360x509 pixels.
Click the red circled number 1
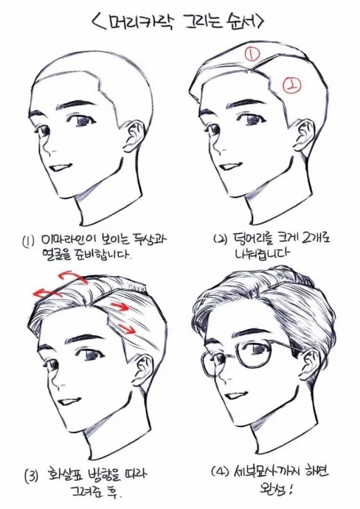click(x=252, y=54)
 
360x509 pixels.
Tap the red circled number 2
click(x=291, y=86)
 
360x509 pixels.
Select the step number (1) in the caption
click(x=28, y=242)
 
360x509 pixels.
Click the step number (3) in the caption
click(x=32, y=476)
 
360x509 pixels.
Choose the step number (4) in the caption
click(x=219, y=471)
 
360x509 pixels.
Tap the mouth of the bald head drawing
click(x=60, y=168)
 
